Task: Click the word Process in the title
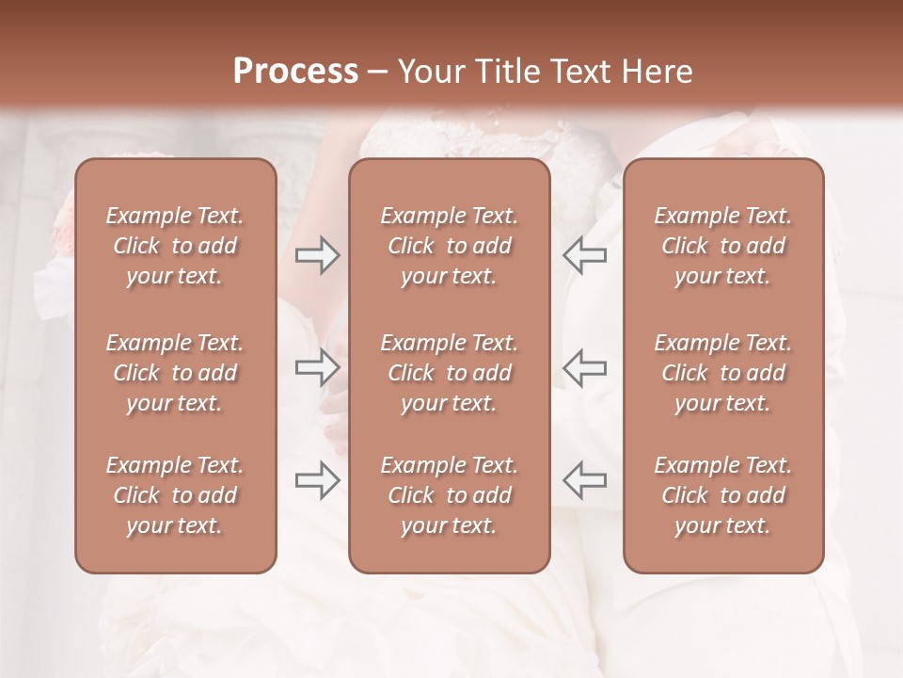pyautogui.click(x=295, y=72)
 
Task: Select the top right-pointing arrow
pyautogui.click(x=318, y=255)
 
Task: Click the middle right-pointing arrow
pyautogui.click(x=318, y=367)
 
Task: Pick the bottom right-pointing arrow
pyautogui.click(x=318, y=480)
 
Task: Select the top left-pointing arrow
pyautogui.click(x=585, y=255)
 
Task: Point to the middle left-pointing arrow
pyautogui.click(x=585, y=367)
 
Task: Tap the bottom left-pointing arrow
pyautogui.click(x=585, y=480)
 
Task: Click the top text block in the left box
pyautogui.click(x=175, y=246)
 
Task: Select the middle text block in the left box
pyautogui.click(x=175, y=373)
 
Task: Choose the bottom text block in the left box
pyautogui.click(x=175, y=495)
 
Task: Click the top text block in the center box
pyautogui.click(x=450, y=246)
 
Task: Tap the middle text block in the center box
pyautogui.click(x=450, y=373)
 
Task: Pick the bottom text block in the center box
pyautogui.click(x=450, y=495)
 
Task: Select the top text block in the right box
pyautogui.click(x=723, y=246)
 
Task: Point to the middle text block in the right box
pyautogui.click(x=723, y=373)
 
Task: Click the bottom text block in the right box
pyautogui.click(x=723, y=495)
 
